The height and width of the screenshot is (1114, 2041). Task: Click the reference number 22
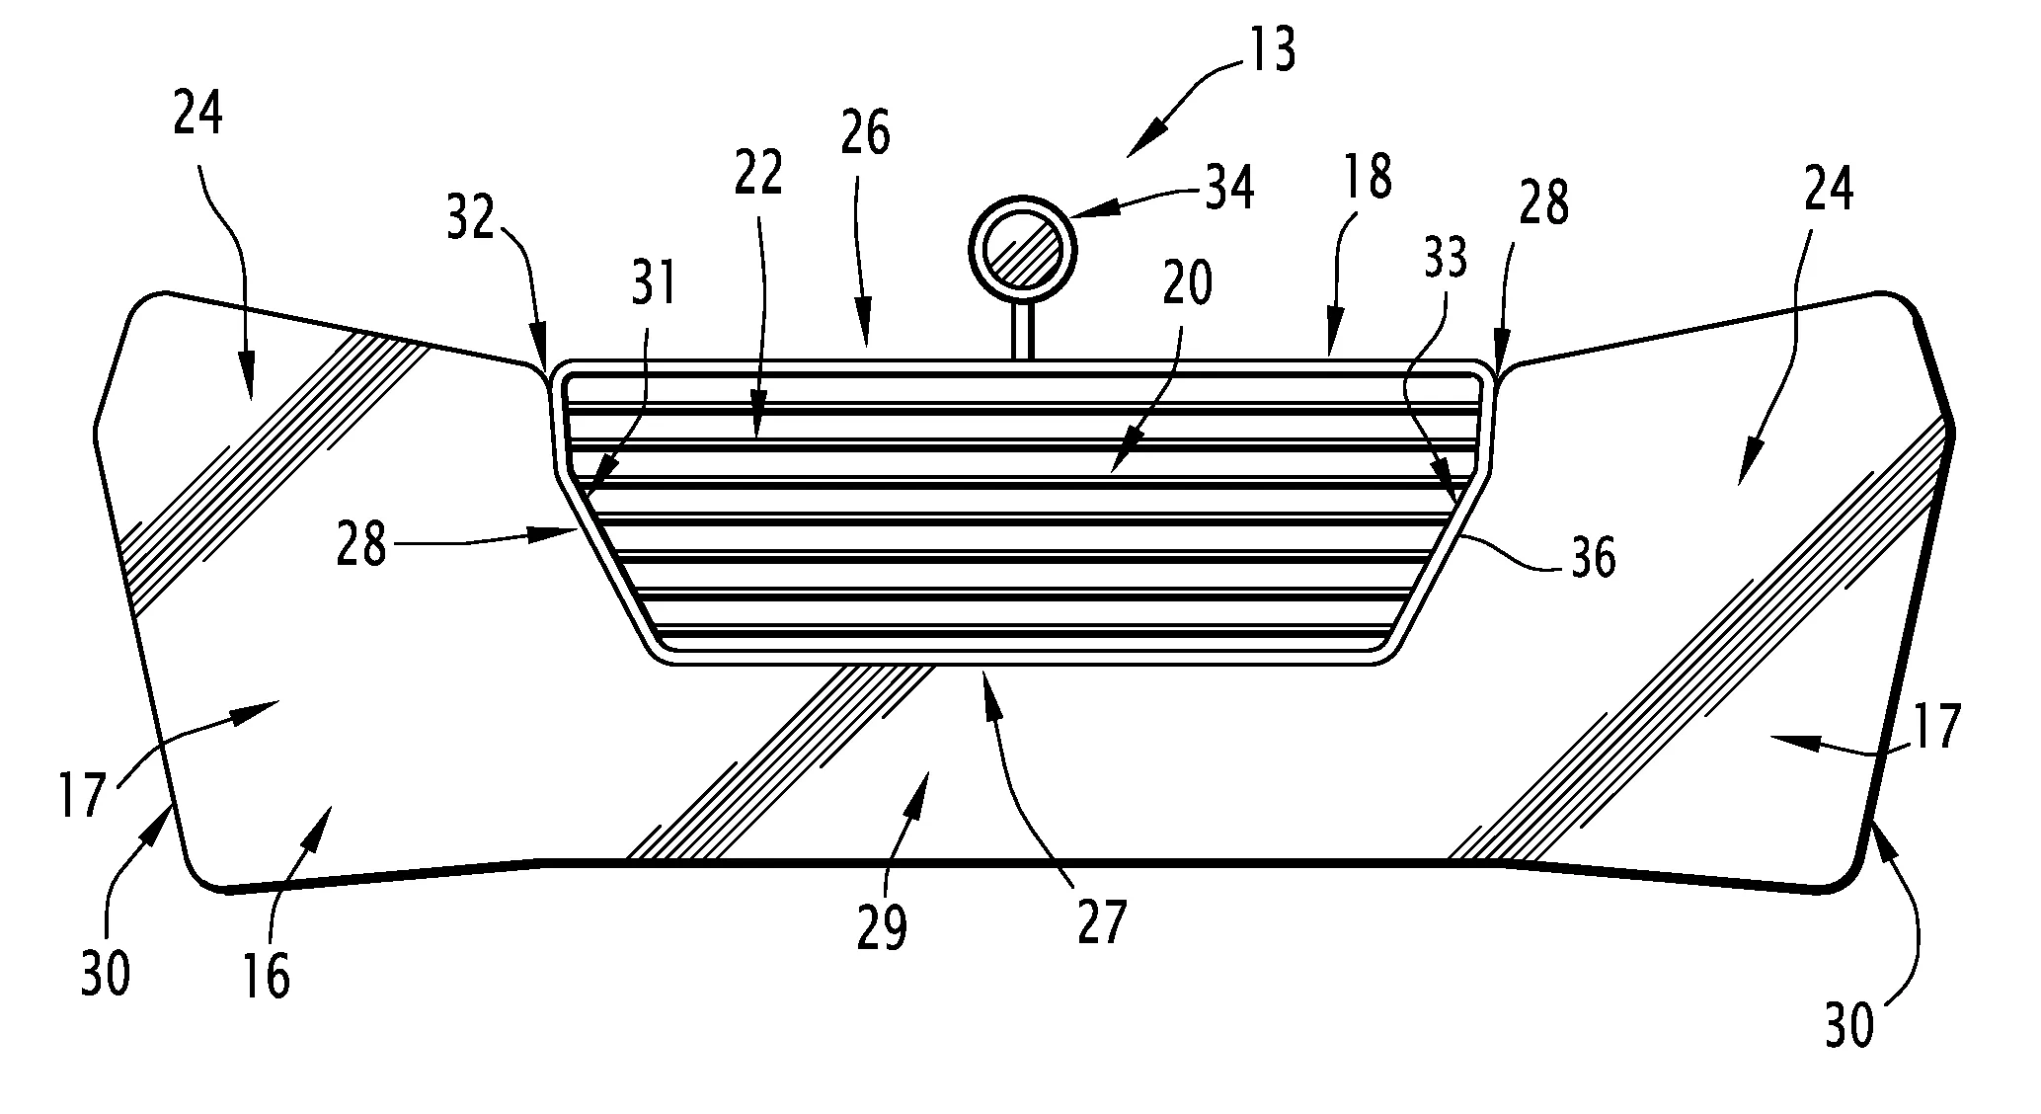[x=758, y=174]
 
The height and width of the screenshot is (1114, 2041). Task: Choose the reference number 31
[x=654, y=283]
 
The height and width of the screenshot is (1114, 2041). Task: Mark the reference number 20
[x=1186, y=286]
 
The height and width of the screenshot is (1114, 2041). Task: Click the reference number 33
[x=1444, y=258]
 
